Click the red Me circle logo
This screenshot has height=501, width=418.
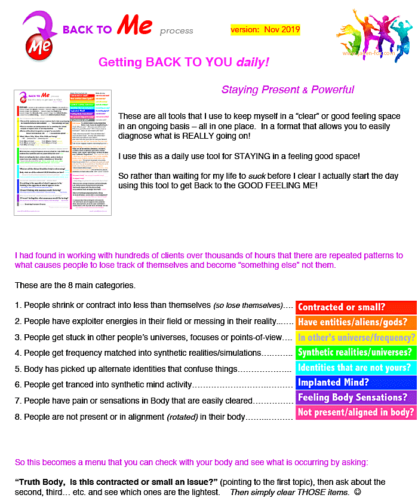[38, 45]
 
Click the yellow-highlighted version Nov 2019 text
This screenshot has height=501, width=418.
[265, 29]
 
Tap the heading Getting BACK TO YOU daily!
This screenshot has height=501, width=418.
[183, 62]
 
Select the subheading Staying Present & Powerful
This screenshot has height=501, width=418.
[288, 90]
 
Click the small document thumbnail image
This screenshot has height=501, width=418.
[63, 152]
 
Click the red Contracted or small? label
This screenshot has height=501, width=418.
[355, 307]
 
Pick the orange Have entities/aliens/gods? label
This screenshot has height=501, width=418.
[355, 322]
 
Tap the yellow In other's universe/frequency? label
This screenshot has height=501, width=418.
[355, 337]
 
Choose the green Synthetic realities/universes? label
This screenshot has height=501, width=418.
[355, 352]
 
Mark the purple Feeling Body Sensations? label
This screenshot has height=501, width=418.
[355, 397]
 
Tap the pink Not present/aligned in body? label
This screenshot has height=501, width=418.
[355, 412]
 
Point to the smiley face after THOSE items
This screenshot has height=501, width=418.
[357, 492]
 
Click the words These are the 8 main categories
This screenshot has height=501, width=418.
[75, 285]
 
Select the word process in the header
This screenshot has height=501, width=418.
[176, 31]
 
